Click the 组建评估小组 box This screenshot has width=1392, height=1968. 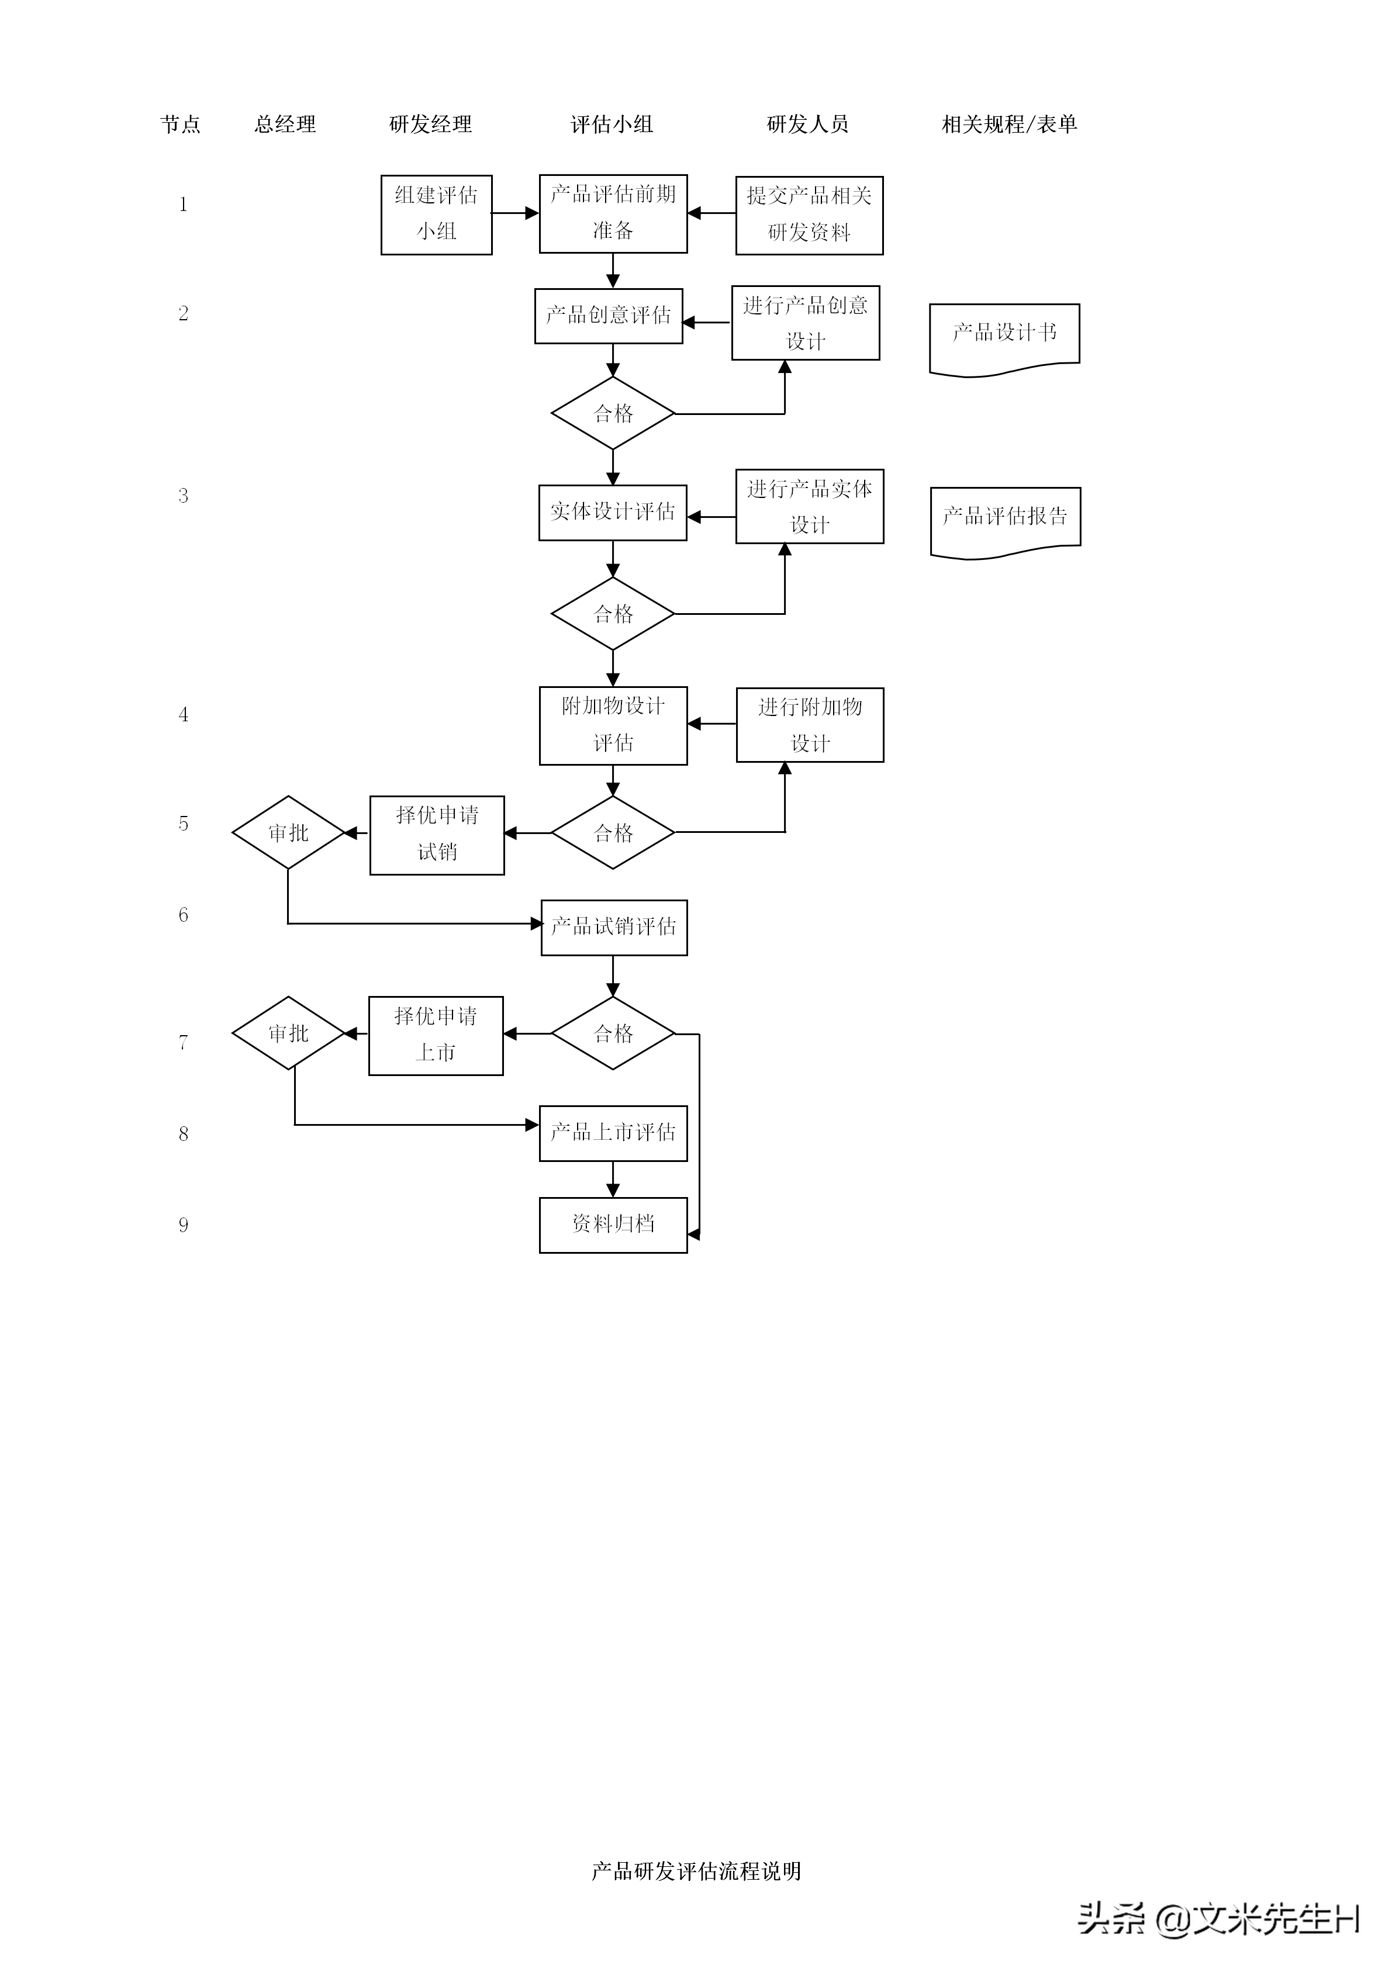pos(436,215)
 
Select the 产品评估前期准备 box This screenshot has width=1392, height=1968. pos(613,213)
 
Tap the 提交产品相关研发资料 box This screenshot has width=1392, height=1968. pos(809,215)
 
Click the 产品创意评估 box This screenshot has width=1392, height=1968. pos(609,316)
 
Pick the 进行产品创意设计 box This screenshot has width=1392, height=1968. pos(805,323)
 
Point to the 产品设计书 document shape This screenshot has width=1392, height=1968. pos(1004,334)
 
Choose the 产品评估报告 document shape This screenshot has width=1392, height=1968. pos(1006,518)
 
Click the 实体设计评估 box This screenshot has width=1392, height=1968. pos(613,513)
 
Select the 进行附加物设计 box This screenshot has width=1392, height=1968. pos(810,725)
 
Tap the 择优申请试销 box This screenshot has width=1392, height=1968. pos(437,835)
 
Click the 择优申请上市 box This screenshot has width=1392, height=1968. pos(436,1035)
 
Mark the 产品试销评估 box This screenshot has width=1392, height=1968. pos(614,928)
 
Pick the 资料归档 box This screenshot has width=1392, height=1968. pos(613,1225)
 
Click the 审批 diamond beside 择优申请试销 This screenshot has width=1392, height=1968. pos(288,833)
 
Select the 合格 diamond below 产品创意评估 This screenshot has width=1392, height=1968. pos(613,414)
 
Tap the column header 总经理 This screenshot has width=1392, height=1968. pos(285,125)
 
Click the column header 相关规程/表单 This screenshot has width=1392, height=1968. pos(1009,125)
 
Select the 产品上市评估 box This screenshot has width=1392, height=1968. pos(613,1133)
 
